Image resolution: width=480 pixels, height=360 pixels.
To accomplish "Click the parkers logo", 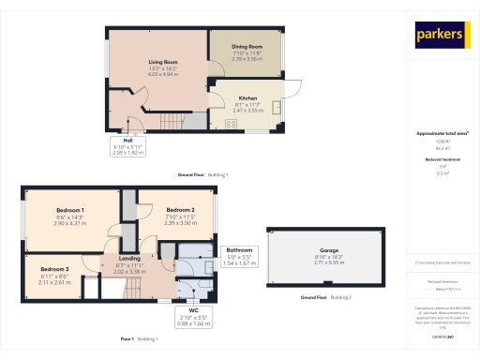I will [x=441, y=35].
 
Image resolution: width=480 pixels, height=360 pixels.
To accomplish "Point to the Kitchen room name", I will [x=247, y=97].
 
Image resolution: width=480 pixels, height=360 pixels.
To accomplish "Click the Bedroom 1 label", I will [x=70, y=210].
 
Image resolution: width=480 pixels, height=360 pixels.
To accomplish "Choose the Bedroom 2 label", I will [x=180, y=209].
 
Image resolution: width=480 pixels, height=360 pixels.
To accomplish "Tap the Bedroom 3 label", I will [x=54, y=269].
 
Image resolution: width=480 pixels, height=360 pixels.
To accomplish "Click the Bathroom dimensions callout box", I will [x=240, y=256].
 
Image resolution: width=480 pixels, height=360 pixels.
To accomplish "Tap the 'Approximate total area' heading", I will [x=441, y=133].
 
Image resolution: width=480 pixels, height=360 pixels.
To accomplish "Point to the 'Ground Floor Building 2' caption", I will [x=325, y=296].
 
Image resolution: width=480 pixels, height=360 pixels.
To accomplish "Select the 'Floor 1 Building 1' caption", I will [x=139, y=337].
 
